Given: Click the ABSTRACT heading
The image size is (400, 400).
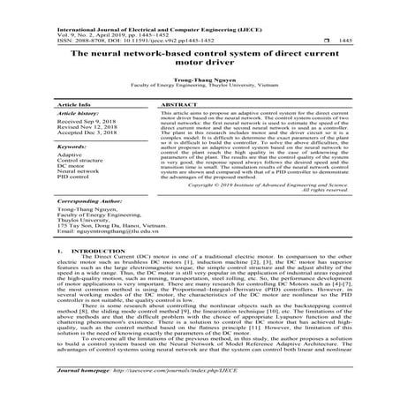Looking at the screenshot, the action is pyautogui.click(x=179, y=129).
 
